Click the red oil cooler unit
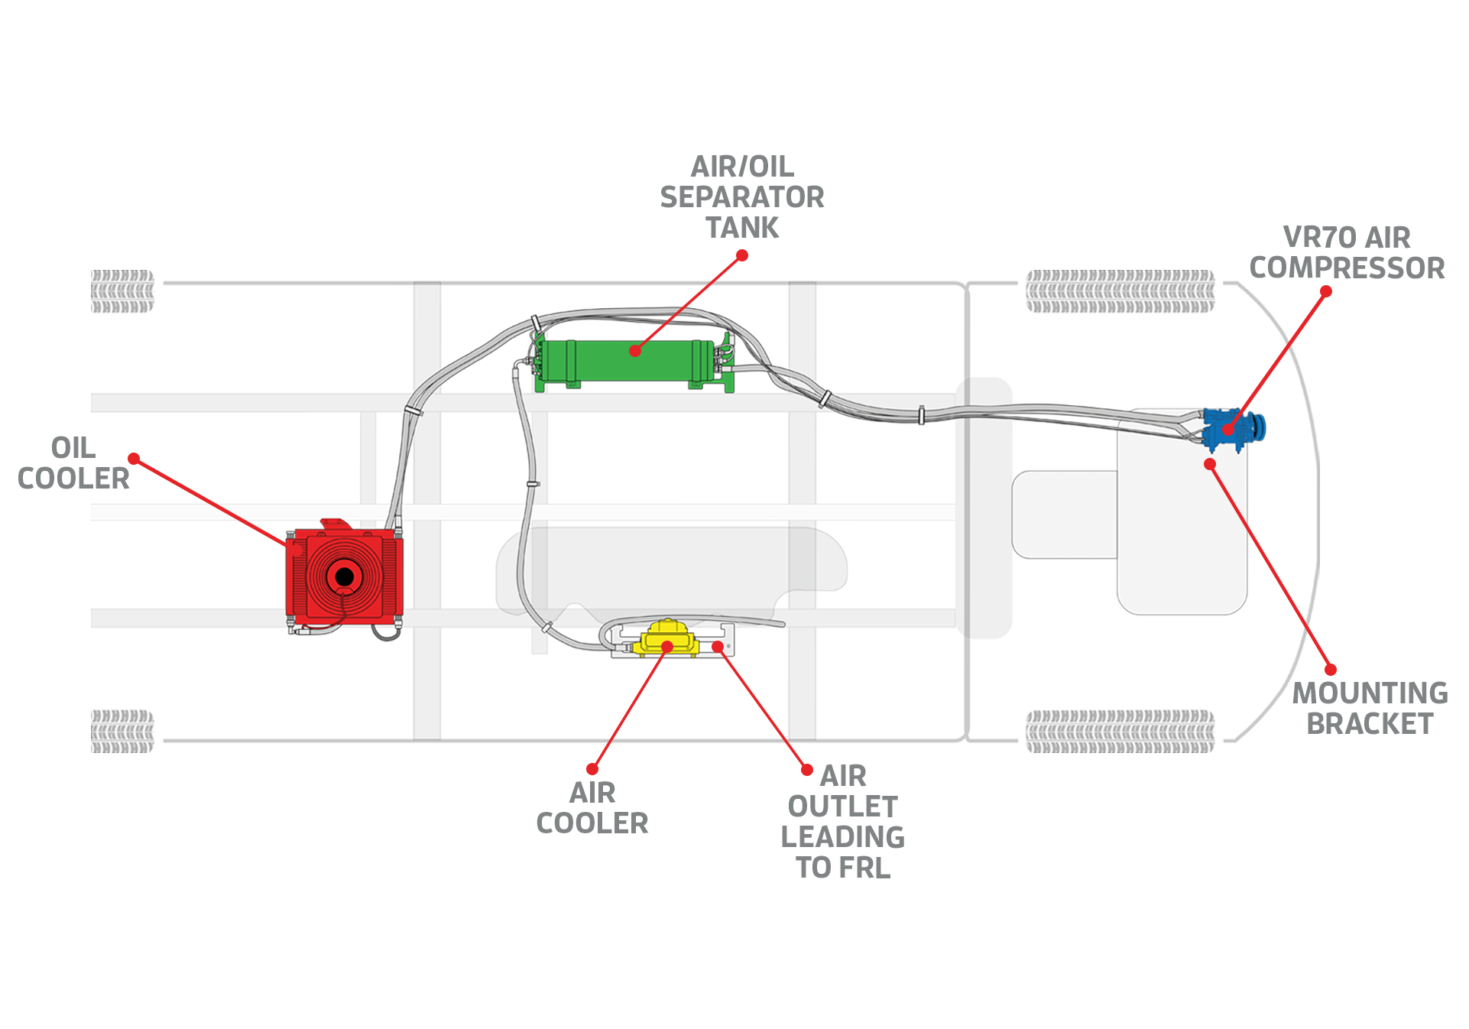pos(344,577)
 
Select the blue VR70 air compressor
pos(1232,430)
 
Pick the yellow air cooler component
pos(667,639)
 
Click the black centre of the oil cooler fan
pos(345,576)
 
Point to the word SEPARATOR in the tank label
pos(742,197)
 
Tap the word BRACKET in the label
pos(1370,724)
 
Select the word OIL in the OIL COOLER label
pos(73,448)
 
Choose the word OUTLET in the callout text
pos(842,807)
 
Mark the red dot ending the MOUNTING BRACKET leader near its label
pos(1331,670)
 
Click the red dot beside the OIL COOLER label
pos(134,459)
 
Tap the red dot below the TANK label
pos(742,255)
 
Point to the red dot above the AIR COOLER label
pos(592,769)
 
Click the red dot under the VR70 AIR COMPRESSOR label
pos(1326,291)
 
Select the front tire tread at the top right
pos(1120,291)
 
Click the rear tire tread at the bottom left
pos(122,732)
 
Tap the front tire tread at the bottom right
pos(1120,732)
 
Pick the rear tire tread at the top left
pos(122,291)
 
